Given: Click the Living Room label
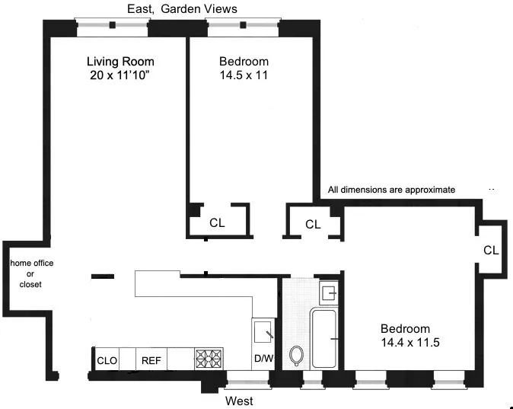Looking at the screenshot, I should click(x=119, y=62).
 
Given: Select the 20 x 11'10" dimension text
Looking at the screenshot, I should click(x=119, y=75).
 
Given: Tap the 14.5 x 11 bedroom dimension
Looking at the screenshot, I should click(x=244, y=75).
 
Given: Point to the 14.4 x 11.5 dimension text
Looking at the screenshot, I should click(x=411, y=343).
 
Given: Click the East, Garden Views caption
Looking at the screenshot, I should click(x=181, y=8).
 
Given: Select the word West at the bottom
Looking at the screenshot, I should click(x=239, y=401).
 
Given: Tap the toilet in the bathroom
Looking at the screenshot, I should click(x=297, y=356).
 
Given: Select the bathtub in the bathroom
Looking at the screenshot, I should click(x=325, y=337).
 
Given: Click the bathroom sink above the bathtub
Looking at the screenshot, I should click(x=329, y=292).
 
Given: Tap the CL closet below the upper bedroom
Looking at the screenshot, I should click(x=218, y=223).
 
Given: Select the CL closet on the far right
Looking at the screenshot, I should click(x=491, y=250).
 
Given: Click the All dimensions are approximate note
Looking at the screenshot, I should click(x=391, y=190).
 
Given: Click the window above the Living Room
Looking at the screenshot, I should click(x=113, y=25).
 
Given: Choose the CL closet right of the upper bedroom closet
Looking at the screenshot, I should click(x=313, y=224).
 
